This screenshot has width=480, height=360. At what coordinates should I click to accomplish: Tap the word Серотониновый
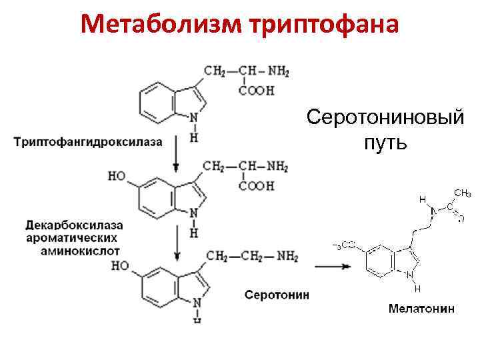click(x=385, y=118)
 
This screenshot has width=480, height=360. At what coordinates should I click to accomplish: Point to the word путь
click(x=385, y=143)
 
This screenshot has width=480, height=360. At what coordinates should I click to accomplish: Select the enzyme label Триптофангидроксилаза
click(x=88, y=142)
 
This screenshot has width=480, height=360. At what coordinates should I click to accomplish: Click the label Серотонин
click(x=277, y=295)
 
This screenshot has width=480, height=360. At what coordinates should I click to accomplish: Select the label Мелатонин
click(x=422, y=308)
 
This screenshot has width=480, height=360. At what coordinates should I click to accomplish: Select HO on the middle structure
click(x=118, y=177)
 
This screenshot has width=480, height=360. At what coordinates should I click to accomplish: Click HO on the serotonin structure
click(x=121, y=266)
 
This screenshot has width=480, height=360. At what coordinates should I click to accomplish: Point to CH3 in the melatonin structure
click(x=462, y=193)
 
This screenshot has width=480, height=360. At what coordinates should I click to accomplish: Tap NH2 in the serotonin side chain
click(x=287, y=256)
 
